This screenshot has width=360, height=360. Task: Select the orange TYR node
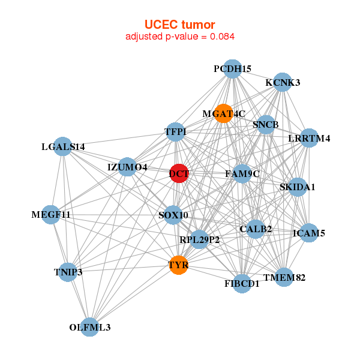pos(178,265)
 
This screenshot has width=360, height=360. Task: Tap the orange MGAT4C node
pos(223,113)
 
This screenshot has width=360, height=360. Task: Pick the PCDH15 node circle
pos(232,70)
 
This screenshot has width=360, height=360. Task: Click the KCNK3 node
pos(282,82)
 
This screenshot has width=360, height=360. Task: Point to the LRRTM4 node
pos(309,139)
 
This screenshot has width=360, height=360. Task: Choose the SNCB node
pos(266,125)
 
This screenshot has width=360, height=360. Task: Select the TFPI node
pos(175,132)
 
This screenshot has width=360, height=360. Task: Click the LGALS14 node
pos(63,146)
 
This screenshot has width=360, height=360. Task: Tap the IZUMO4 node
pos(127,167)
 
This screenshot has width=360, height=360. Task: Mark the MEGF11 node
pos(51,214)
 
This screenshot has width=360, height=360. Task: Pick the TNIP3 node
pos(68,272)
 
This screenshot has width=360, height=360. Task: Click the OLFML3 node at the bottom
pos(90,327)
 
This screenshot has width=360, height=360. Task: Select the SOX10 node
pos(173,215)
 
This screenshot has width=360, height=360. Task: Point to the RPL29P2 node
pos(199,239)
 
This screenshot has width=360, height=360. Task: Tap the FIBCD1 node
pos(242,283)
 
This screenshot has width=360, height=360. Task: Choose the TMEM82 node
pos(284,277)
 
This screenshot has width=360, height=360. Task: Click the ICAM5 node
pos(308,233)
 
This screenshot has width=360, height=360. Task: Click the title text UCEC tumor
pos(179,24)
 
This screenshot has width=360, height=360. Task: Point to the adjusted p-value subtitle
pos(179,37)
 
